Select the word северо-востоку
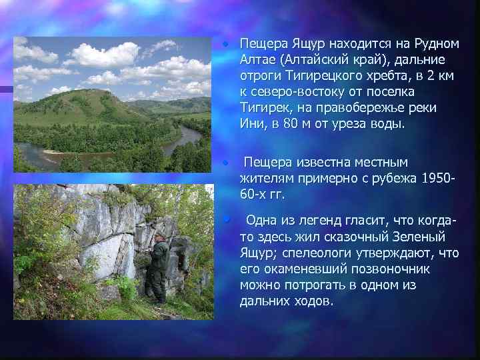coord(291,91)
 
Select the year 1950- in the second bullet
coord(438,179)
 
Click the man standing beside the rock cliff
coord(159,267)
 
